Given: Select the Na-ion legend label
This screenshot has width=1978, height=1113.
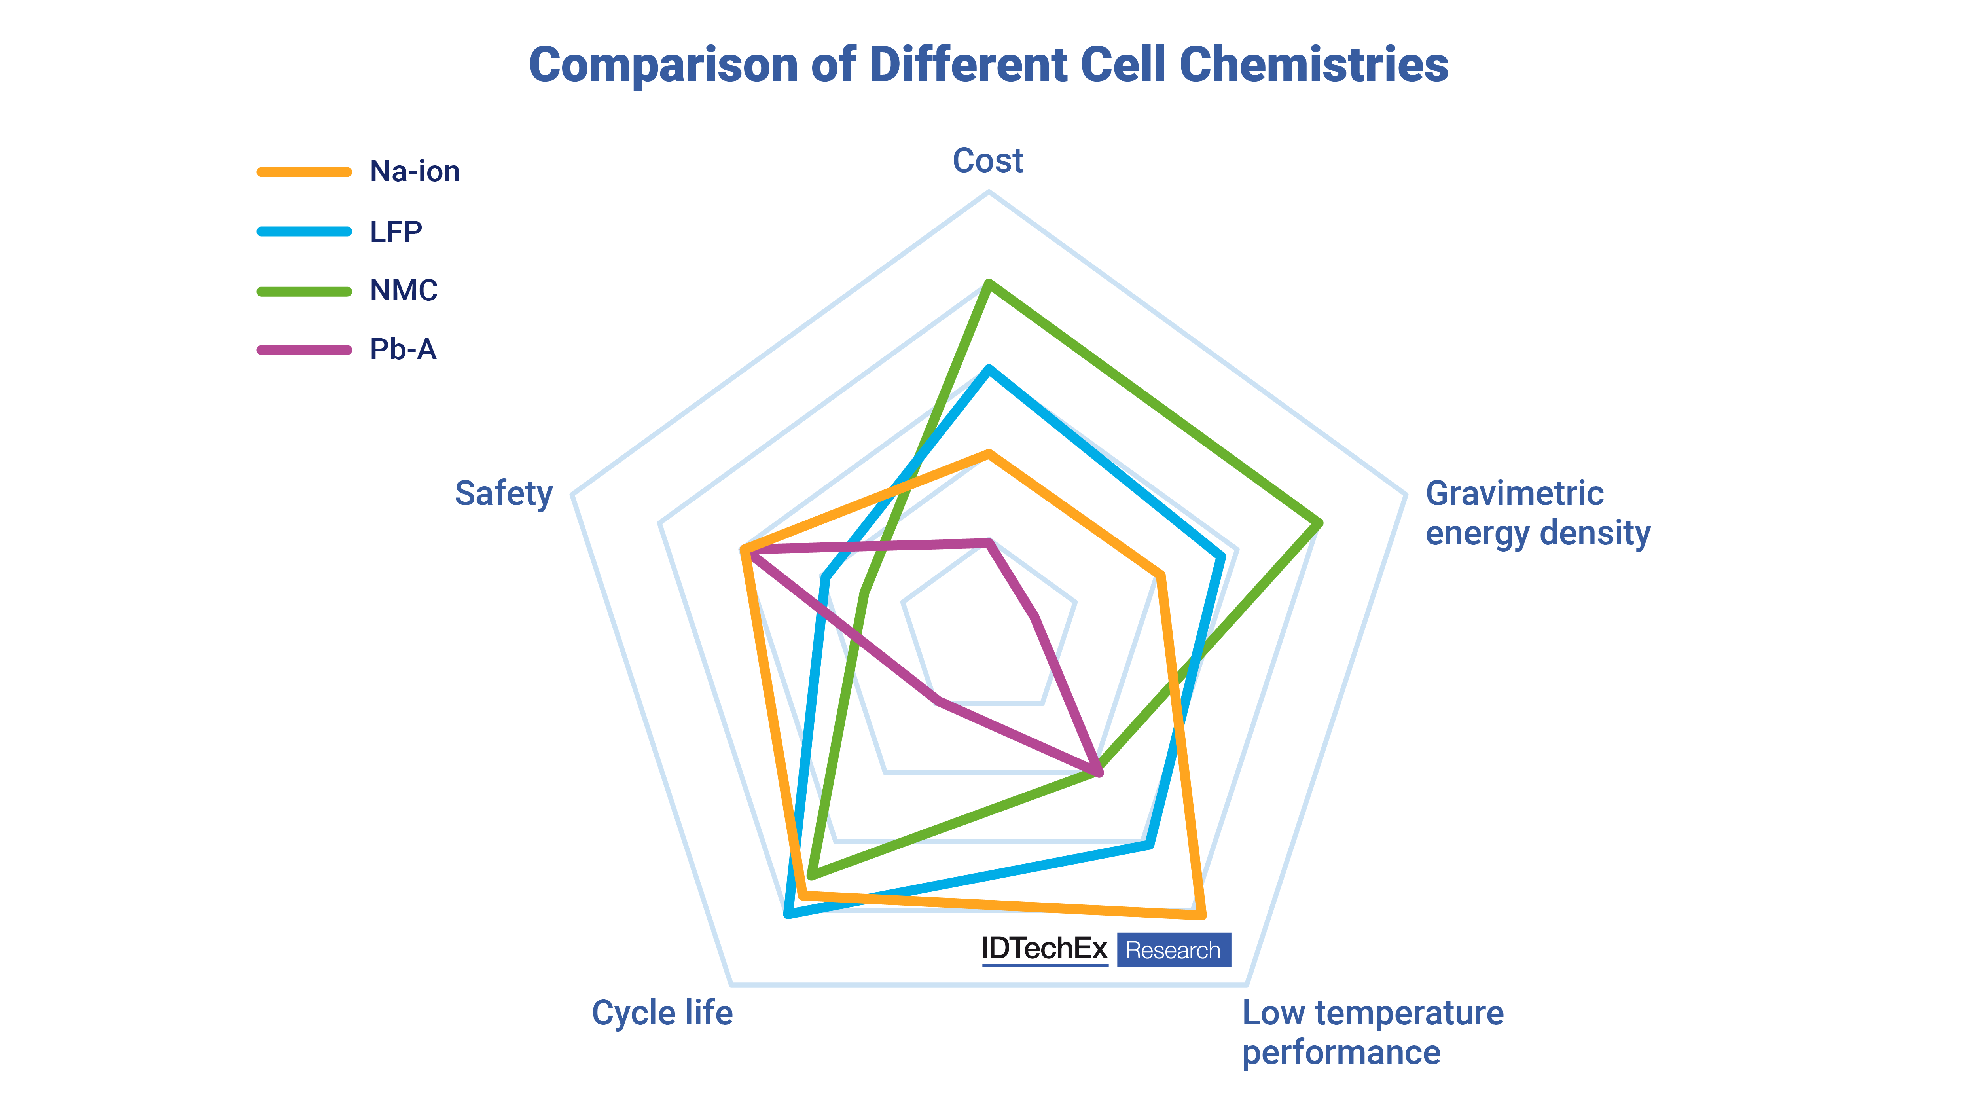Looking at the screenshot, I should pos(415,171).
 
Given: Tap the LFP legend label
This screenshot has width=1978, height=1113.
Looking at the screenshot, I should pos(396,231).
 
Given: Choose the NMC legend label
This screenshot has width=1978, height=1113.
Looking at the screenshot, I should pos(403,290).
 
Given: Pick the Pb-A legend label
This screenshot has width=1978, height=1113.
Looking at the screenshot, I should pos(402,349).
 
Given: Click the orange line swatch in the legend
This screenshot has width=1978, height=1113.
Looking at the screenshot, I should pos(304,172).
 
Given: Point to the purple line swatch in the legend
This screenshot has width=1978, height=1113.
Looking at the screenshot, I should pos(304,350).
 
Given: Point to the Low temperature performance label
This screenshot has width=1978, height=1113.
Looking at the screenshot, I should pos(1372,1032).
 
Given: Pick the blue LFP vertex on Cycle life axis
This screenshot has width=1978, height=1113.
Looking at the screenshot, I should pos(788,913).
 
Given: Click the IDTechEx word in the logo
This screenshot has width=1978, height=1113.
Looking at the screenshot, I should pos(1044,949).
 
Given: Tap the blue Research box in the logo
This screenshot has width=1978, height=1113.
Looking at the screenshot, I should pos(1173,950).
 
